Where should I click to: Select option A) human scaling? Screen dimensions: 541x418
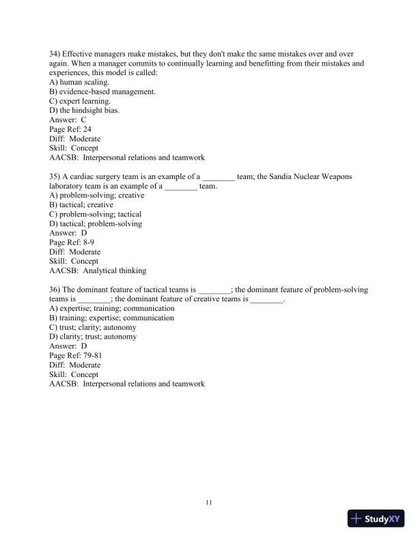[x=79, y=82]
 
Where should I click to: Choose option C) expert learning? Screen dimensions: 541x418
[x=80, y=101]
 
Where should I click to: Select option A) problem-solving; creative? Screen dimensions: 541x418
[x=97, y=195]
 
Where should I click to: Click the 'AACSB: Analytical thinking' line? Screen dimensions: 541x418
[x=98, y=270]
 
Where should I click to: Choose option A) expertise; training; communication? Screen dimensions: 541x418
[x=112, y=308]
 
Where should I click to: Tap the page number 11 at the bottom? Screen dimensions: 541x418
[x=209, y=503]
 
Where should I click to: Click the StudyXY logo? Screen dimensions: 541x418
[x=377, y=518]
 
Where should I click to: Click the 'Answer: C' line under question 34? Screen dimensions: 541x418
[x=68, y=120]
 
